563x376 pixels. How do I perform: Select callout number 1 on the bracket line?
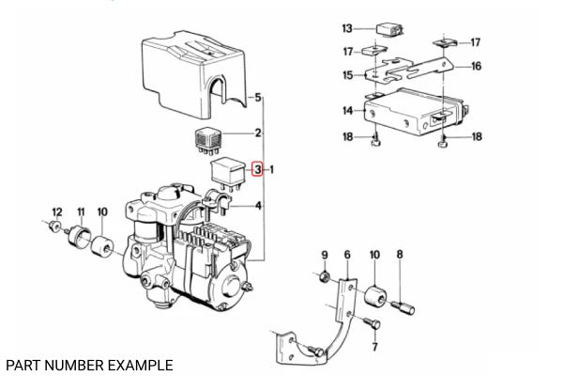(272, 170)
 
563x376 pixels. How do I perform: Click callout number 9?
(325, 255)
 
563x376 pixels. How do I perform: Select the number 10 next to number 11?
(102, 211)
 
